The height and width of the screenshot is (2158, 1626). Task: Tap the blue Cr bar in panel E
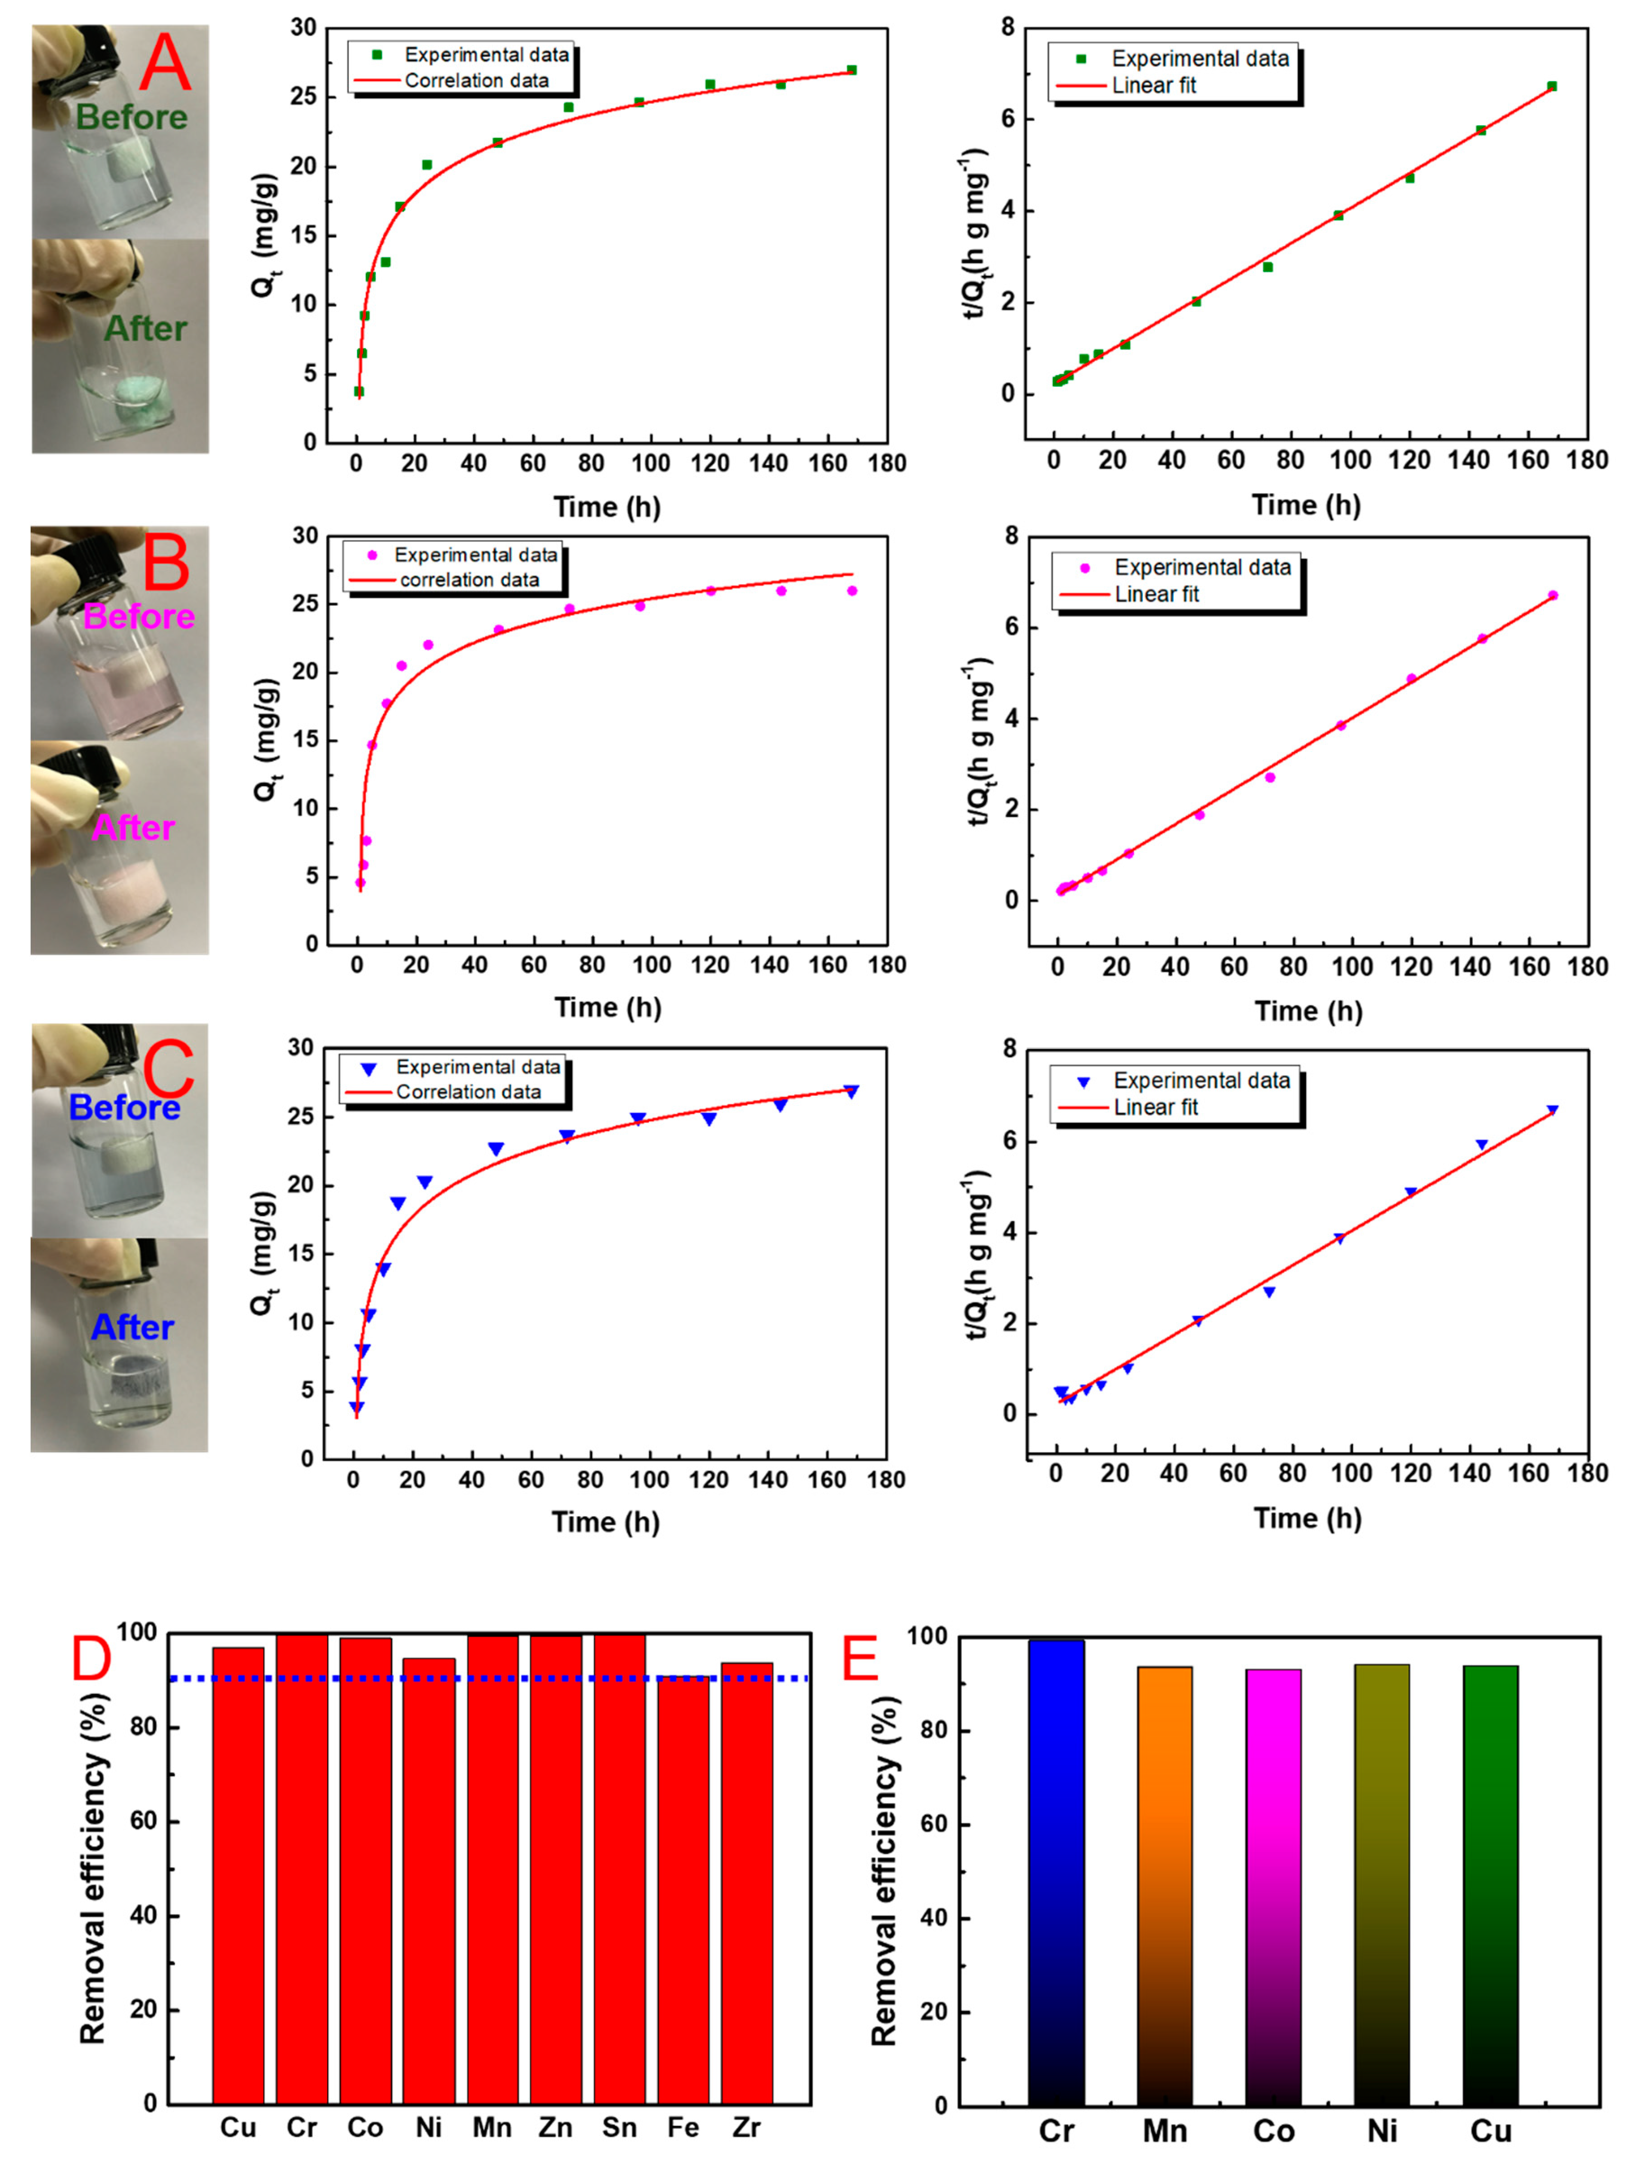click(1055, 1873)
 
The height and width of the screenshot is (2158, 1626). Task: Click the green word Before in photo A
click(132, 117)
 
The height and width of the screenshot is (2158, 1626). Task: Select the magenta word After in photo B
click(134, 827)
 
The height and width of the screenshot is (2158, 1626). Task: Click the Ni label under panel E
click(1381, 2131)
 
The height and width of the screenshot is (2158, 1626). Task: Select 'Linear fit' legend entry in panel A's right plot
click(1154, 86)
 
